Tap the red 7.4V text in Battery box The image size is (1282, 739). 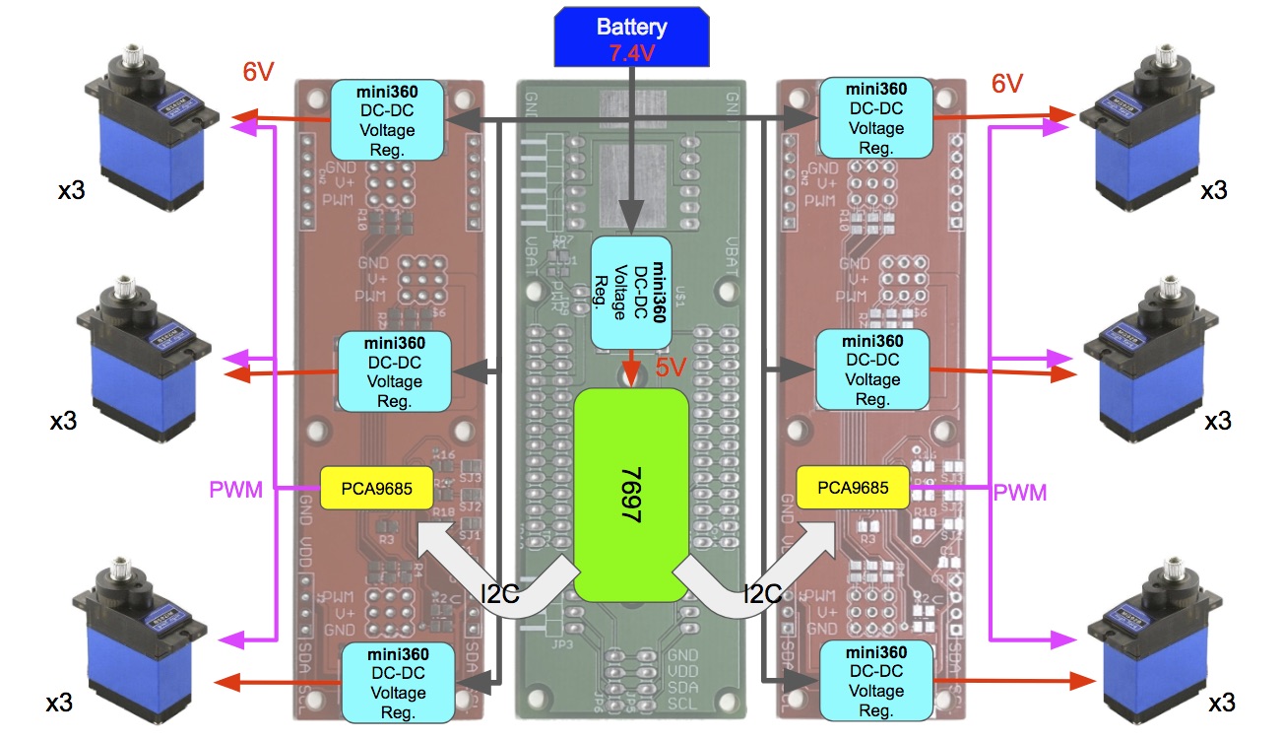click(631, 53)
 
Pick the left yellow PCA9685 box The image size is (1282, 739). click(376, 487)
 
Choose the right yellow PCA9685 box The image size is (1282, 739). click(852, 488)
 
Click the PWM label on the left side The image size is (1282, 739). click(236, 489)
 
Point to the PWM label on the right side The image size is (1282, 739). click(1019, 491)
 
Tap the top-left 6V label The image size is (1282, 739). click(258, 72)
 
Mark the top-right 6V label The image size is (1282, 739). click(1006, 85)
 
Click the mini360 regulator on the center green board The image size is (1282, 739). click(631, 292)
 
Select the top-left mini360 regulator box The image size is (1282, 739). click(387, 120)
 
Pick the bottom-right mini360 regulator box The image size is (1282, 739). click(874, 680)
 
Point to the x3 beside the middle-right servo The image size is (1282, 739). click(1218, 422)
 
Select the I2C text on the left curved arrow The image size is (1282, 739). click(499, 594)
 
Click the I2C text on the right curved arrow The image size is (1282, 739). click(763, 594)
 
